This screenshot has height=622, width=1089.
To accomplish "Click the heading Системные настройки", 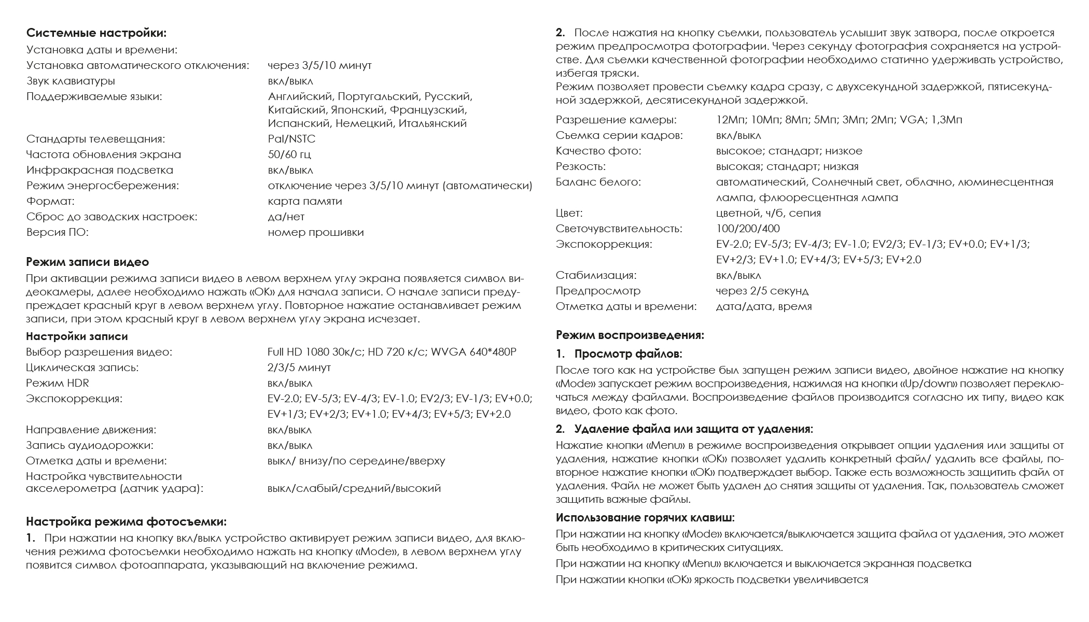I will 96,34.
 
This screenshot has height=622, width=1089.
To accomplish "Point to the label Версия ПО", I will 57,233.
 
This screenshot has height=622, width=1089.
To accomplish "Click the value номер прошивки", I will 316,233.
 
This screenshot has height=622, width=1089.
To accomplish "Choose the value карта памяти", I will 305,202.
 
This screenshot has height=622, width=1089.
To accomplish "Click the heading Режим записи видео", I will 88,262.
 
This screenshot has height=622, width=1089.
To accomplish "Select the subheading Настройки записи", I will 77,337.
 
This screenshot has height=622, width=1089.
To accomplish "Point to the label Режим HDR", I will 57,384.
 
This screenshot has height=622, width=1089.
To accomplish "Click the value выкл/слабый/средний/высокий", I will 354,488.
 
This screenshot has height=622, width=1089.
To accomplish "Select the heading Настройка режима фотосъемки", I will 127,521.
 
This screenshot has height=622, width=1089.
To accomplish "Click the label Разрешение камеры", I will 616,120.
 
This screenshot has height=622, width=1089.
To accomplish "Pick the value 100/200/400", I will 748,229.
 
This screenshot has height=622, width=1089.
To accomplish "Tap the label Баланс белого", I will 598,182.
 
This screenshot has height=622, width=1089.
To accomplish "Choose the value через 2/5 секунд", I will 762,291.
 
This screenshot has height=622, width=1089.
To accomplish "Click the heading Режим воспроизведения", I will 630,335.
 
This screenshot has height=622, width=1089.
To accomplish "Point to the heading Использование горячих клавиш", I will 645,518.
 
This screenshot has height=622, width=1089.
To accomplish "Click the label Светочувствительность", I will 619,229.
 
